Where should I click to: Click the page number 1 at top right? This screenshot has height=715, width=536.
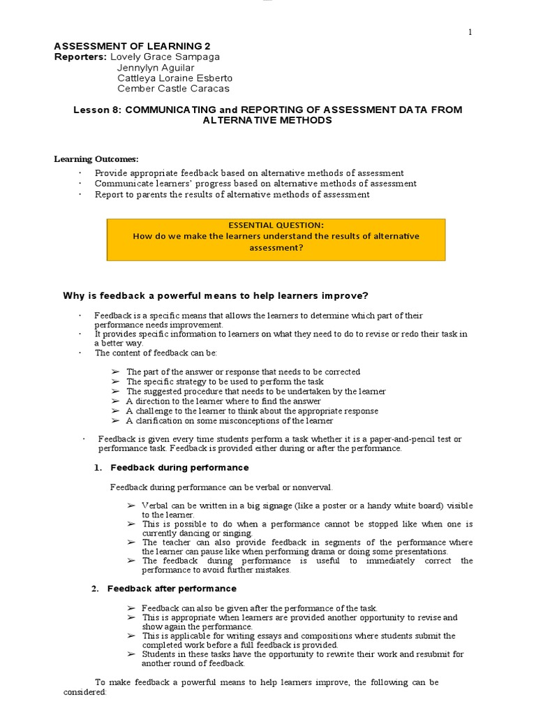coord(470,33)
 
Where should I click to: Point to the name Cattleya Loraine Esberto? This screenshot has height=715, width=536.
coord(174,78)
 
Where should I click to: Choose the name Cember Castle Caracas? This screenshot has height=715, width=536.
coord(172,89)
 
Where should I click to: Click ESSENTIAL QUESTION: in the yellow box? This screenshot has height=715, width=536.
coord(276,225)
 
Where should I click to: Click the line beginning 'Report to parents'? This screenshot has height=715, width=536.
coord(232,195)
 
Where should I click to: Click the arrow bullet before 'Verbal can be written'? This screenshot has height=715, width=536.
coord(131,505)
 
